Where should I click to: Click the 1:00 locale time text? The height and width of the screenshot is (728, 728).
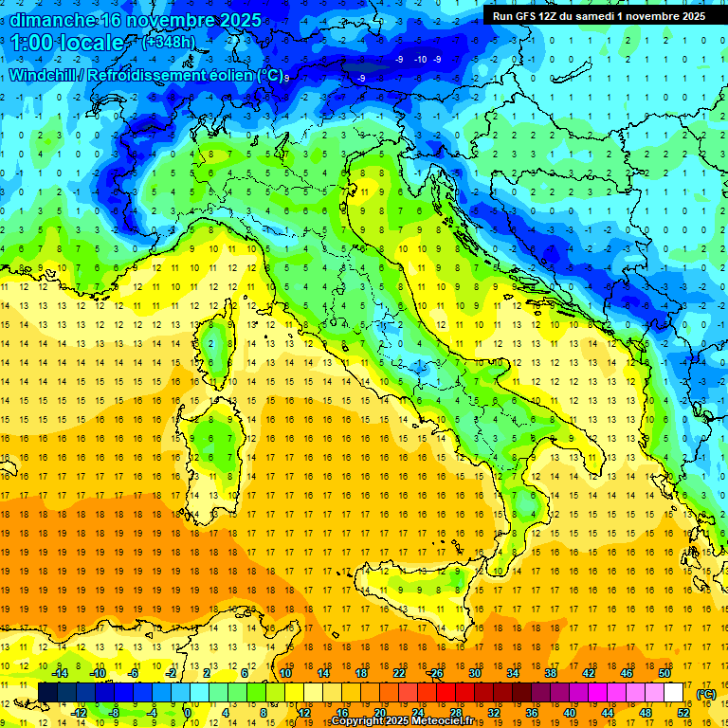66,43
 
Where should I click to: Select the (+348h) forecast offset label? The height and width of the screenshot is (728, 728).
170,42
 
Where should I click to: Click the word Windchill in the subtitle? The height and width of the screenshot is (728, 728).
48,75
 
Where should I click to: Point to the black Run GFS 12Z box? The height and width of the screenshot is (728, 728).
598,15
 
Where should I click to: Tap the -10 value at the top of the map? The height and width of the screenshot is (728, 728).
420,60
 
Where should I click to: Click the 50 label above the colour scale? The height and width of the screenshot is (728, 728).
664,673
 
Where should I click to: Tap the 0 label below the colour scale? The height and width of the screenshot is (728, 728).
189,713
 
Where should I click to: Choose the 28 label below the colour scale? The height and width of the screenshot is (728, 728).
455,713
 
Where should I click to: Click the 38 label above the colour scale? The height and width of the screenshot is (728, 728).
551,673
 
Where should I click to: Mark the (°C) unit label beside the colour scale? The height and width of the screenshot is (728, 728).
706,693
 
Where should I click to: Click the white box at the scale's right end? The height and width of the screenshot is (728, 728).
673,693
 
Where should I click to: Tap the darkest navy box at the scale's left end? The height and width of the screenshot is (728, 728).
47,693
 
